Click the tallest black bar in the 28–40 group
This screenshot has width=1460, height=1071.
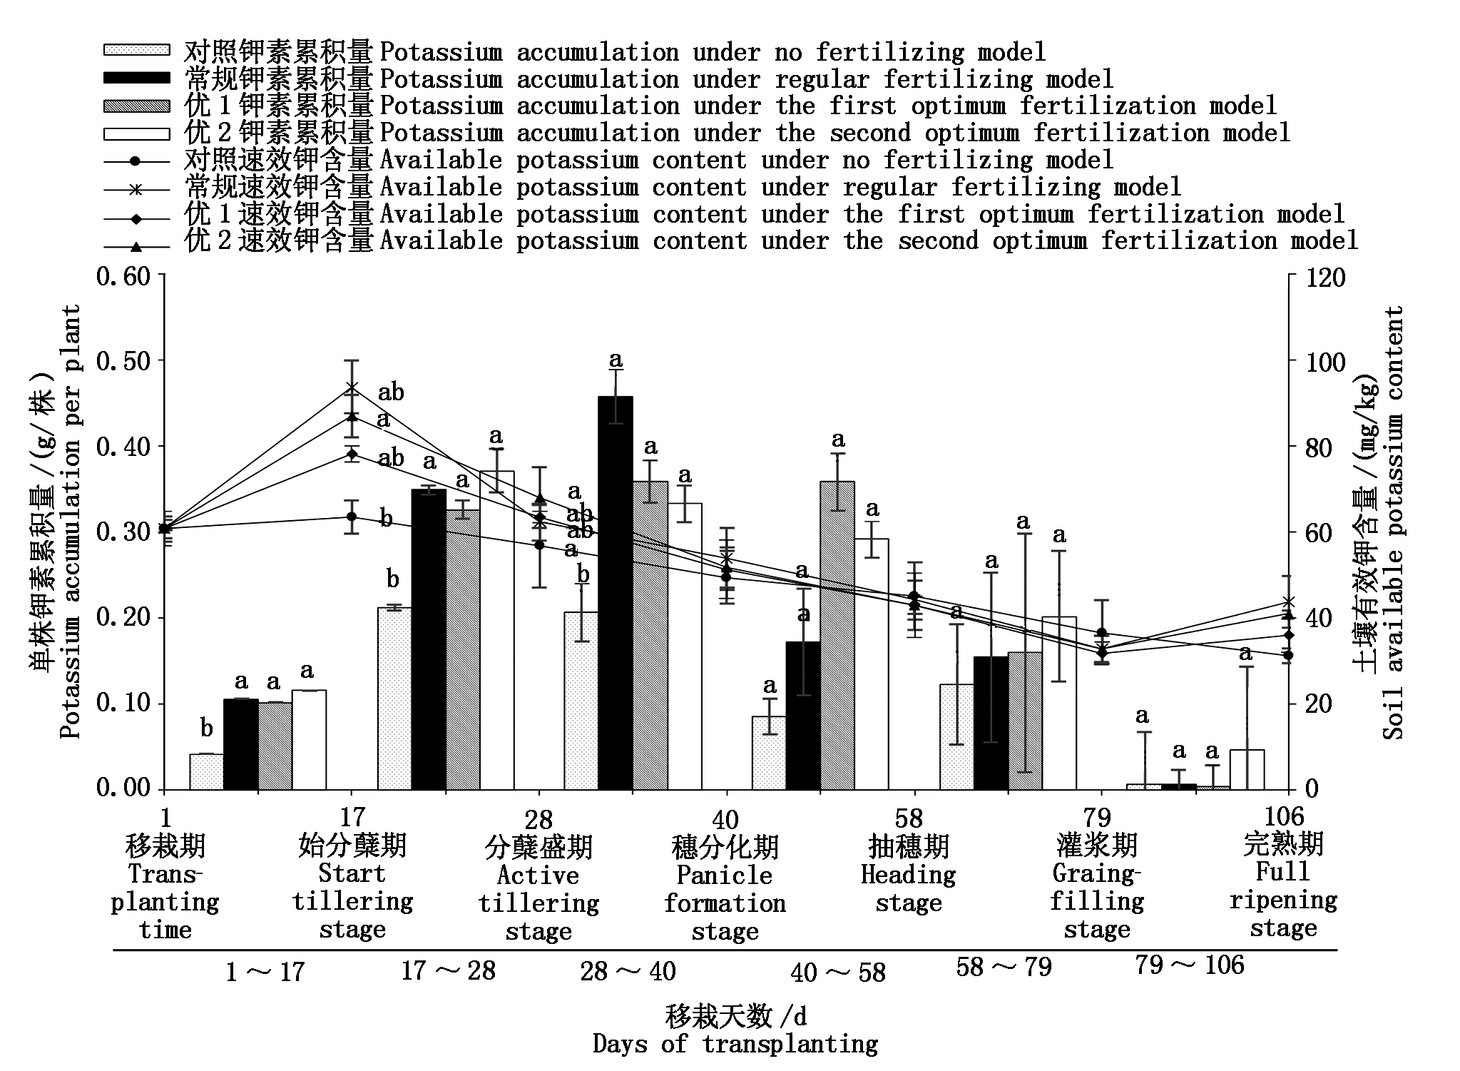click(615, 592)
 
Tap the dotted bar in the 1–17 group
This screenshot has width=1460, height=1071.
click(206, 771)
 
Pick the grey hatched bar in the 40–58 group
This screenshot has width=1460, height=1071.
click(837, 635)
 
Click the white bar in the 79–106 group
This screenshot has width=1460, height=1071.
click(1247, 769)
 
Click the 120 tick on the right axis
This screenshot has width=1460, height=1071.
click(1325, 277)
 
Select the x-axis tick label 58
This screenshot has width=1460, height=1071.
click(909, 818)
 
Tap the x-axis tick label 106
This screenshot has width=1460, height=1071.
click(1282, 816)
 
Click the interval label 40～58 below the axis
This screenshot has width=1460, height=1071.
click(838, 972)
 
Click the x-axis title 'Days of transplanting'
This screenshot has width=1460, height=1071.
click(735, 1044)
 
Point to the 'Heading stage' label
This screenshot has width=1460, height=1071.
click(909, 888)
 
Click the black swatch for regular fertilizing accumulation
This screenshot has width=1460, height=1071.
click(137, 78)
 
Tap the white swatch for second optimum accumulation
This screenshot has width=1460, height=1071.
click(137, 133)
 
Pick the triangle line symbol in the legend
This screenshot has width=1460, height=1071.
click(137, 247)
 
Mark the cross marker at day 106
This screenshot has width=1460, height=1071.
click(1288, 602)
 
